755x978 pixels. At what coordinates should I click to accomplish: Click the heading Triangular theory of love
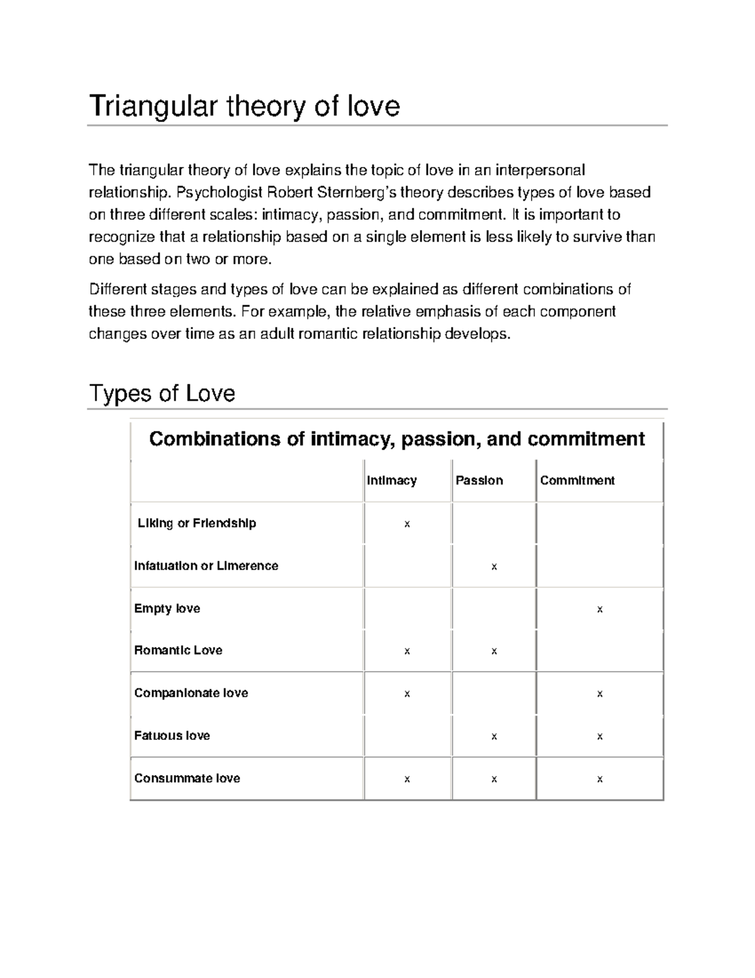(244, 106)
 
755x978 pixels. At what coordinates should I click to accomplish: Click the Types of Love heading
(162, 394)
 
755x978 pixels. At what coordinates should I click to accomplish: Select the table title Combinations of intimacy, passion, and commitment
(396, 439)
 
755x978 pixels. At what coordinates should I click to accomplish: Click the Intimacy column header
(391, 480)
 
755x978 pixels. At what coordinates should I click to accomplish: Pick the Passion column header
(479, 480)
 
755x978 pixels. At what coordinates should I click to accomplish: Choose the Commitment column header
(577, 480)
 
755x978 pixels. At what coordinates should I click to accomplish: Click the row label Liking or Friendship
(196, 523)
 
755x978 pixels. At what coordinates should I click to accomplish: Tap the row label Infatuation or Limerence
(206, 566)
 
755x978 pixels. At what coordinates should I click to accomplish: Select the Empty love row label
(167, 608)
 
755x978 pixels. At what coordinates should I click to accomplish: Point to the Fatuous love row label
(172, 736)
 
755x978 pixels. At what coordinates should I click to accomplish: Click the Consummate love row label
(187, 778)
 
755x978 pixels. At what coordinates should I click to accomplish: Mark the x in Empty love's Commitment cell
(600, 610)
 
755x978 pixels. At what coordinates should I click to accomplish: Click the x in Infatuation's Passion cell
(494, 567)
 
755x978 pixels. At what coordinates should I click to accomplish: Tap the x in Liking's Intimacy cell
(407, 524)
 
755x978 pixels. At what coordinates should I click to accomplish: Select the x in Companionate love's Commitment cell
(600, 694)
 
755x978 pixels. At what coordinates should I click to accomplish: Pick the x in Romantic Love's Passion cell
(494, 651)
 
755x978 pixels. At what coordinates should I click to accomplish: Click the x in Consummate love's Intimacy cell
(407, 780)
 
